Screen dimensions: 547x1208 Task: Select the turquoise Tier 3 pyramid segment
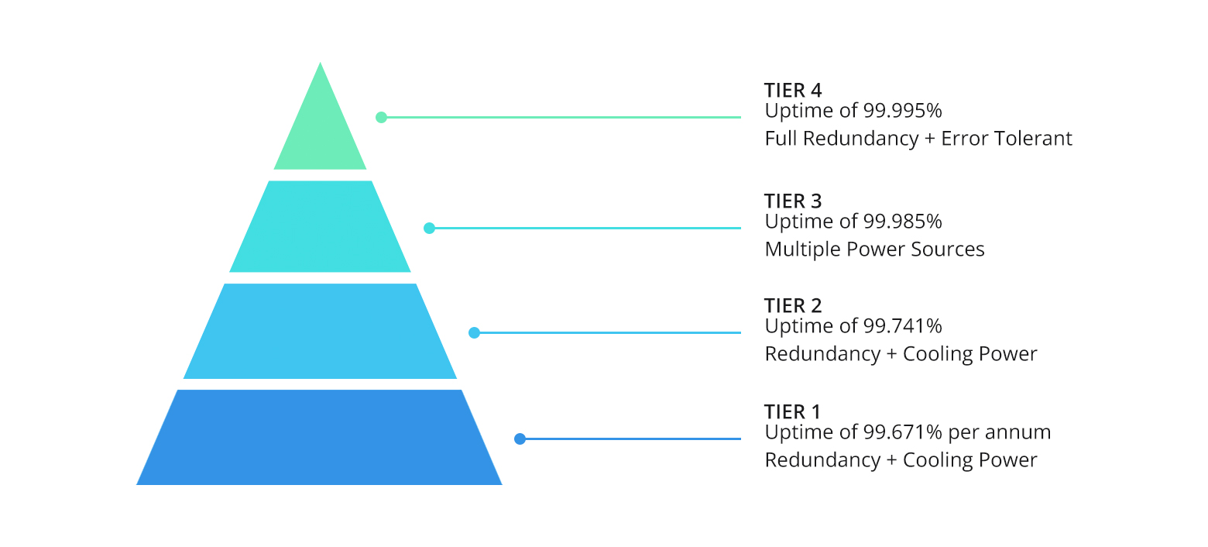pyautogui.click(x=320, y=227)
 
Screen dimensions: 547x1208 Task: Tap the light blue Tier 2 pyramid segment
pyautogui.click(x=320, y=332)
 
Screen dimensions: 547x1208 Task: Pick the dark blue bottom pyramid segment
pyautogui.click(x=319, y=438)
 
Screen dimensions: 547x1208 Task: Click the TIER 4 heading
pyautogui.click(x=793, y=90)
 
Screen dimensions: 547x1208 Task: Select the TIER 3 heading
pyautogui.click(x=793, y=201)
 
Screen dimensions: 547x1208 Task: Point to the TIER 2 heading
pyautogui.click(x=793, y=305)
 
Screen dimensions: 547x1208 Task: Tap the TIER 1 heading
pyautogui.click(x=791, y=411)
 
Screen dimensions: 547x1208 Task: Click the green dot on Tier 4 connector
pyautogui.click(x=381, y=118)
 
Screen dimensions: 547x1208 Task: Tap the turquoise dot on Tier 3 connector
pyautogui.click(x=430, y=229)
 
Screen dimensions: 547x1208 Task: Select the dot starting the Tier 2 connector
pyautogui.click(x=475, y=333)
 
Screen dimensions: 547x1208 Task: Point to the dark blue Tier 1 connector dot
pyautogui.click(x=520, y=439)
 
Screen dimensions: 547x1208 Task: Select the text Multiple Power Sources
pyautogui.click(x=874, y=249)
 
